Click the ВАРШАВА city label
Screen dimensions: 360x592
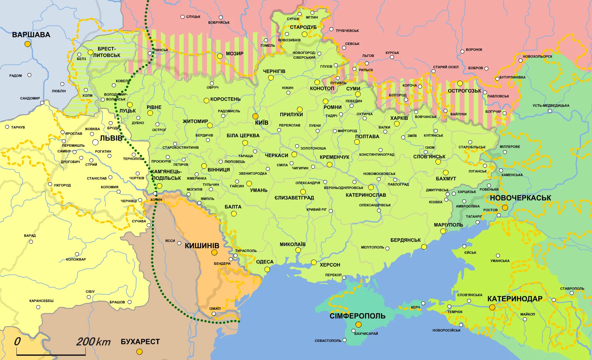click(31, 35)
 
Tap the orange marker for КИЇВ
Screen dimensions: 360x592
click(256, 116)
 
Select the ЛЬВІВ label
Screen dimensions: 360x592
click(111, 138)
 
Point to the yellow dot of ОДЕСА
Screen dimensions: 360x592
click(267, 269)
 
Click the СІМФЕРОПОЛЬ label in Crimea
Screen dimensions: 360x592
click(357, 316)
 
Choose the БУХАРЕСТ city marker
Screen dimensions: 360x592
click(139, 352)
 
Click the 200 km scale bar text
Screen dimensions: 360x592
click(93, 342)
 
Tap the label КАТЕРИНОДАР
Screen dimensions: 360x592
click(515, 299)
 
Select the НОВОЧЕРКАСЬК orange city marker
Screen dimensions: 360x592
click(505, 208)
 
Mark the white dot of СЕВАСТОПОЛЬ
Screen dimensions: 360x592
click(344, 340)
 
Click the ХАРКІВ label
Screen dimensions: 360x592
click(399, 118)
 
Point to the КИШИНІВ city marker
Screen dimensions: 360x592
click(214, 253)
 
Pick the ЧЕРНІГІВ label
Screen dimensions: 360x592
click(274, 71)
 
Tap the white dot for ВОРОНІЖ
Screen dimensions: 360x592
click(462, 52)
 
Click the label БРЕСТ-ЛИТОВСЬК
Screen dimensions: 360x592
click(107, 52)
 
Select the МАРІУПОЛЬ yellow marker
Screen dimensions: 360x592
click(443, 231)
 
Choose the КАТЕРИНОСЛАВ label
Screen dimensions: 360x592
click(366, 195)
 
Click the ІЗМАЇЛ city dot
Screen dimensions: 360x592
click(214, 314)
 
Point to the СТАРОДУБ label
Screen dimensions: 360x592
click(303, 27)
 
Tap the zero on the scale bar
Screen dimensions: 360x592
click(17, 342)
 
